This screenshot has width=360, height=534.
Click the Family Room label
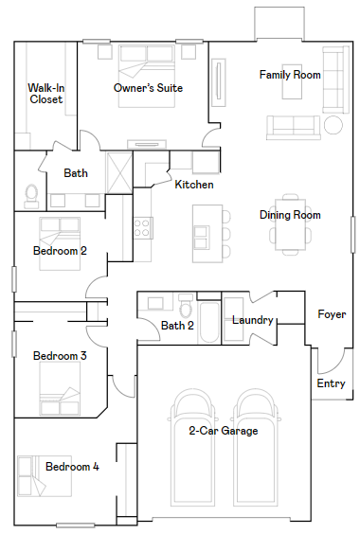tap(290, 75)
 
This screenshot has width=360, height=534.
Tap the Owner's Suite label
tap(148, 88)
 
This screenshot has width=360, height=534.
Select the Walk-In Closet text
tap(46, 94)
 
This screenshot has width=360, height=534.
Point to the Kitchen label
tap(194, 185)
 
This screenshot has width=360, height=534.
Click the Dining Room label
tap(290, 215)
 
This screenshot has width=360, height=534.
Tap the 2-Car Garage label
tap(224, 431)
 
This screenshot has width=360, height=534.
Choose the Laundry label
tap(253, 320)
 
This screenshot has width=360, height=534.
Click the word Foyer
tap(332, 314)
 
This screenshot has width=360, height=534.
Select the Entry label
tap(331, 383)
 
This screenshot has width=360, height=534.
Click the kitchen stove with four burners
tap(142, 228)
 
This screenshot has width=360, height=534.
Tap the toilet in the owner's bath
tap(31, 197)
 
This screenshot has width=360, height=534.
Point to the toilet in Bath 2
tap(186, 305)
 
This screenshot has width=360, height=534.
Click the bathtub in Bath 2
tap(209, 322)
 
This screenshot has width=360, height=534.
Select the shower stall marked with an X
tap(119, 172)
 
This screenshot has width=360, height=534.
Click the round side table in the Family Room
tap(333, 125)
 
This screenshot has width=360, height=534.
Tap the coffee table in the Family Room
tap(292, 81)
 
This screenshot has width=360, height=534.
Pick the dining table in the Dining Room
tap(291, 224)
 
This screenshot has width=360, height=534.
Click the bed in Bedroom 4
tap(45, 476)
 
